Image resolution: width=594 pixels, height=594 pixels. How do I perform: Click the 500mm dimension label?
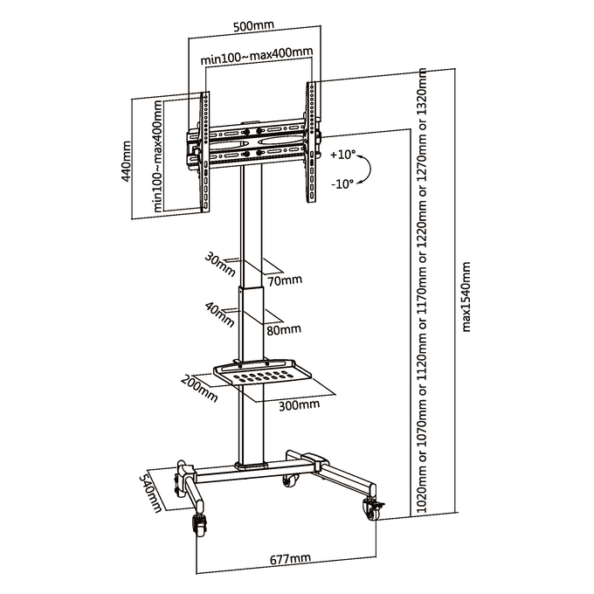(253, 26)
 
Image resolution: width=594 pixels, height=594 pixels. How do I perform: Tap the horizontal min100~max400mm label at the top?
(257, 55)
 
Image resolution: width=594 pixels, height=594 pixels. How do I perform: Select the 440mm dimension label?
(126, 161)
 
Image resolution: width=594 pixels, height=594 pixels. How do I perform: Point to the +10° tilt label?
(342, 155)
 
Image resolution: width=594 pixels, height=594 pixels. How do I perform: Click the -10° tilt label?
(342, 183)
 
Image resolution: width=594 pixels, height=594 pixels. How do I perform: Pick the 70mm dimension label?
(285, 280)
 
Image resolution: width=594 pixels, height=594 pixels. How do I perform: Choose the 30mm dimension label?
(220, 264)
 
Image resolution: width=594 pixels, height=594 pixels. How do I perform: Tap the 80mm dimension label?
(284, 329)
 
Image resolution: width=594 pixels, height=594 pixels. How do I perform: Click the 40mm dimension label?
(220, 314)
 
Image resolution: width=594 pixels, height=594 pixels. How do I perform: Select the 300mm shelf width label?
(300, 405)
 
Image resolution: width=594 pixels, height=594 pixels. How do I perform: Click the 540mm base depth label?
(151, 491)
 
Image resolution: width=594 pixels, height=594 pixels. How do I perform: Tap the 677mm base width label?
(290, 558)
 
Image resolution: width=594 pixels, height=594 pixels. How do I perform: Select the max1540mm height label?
(466, 297)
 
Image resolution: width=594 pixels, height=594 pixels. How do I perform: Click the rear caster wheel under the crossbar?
(290, 481)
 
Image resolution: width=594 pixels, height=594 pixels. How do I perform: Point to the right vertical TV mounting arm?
(311, 142)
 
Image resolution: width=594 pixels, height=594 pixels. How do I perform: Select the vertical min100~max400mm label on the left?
(158, 155)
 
